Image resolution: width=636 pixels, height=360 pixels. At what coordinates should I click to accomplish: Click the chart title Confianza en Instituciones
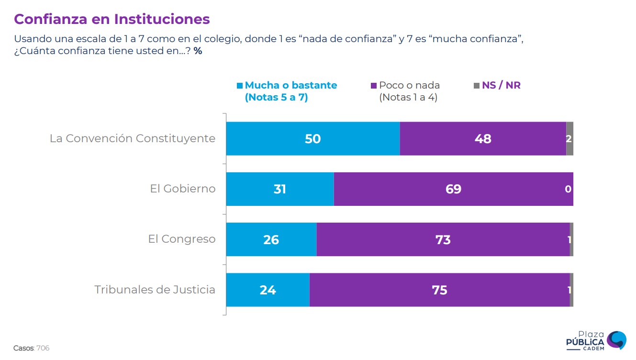(112, 19)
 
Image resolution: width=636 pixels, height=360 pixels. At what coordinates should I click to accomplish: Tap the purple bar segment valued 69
(453, 189)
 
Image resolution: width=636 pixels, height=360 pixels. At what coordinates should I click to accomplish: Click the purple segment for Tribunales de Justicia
(439, 290)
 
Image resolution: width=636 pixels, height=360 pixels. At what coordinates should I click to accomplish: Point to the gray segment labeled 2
(569, 139)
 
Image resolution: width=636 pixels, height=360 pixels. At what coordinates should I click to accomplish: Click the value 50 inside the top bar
(312, 139)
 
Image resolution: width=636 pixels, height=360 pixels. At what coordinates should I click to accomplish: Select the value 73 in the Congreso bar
(443, 239)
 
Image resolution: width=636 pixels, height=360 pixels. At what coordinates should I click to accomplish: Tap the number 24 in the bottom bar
(268, 290)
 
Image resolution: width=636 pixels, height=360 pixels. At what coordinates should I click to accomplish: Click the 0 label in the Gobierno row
(568, 189)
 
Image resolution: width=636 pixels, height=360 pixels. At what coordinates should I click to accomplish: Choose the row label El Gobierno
(183, 189)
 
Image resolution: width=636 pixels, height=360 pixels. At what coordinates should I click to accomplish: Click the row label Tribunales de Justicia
(155, 290)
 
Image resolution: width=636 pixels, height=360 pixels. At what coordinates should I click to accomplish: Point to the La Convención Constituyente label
(133, 138)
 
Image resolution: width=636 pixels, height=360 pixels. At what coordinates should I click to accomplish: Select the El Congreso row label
(182, 239)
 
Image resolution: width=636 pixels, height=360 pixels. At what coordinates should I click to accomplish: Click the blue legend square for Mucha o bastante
(240, 86)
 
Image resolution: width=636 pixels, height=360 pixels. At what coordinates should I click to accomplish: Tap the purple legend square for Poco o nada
(374, 86)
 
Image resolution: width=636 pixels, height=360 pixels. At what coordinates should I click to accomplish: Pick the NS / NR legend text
(501, 86)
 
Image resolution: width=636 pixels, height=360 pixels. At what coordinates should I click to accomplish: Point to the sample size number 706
(43, 348)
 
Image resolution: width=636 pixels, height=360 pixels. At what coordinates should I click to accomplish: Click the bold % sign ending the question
(198, 51)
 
